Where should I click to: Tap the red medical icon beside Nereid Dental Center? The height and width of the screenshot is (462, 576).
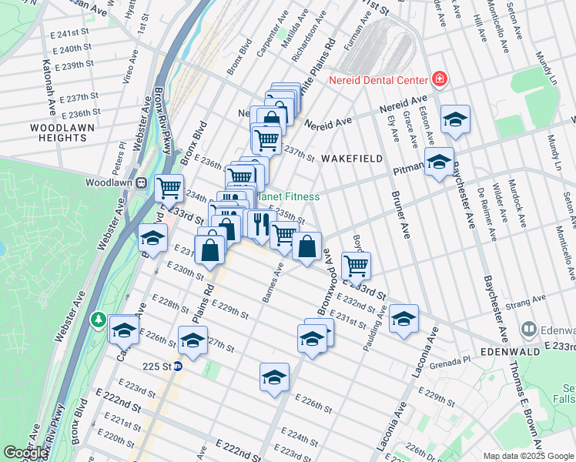coord(440,79)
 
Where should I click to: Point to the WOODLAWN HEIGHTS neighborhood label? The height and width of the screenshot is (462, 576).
coord(59,132)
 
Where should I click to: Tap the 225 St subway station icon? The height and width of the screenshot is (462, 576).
coord(177,367)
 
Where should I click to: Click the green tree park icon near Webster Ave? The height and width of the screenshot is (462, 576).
coord(99,319)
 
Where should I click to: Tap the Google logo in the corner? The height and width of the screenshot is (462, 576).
coord(25,453)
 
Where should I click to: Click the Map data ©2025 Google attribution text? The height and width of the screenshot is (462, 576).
coord(527,456)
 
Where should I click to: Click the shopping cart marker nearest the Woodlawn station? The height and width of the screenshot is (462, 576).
coord(169,187)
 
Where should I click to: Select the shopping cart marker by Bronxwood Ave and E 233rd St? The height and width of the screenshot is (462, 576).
coord(355,265)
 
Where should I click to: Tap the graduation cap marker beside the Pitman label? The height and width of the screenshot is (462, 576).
coord(439,162)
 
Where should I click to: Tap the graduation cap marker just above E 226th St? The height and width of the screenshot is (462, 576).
coord(274,377)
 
